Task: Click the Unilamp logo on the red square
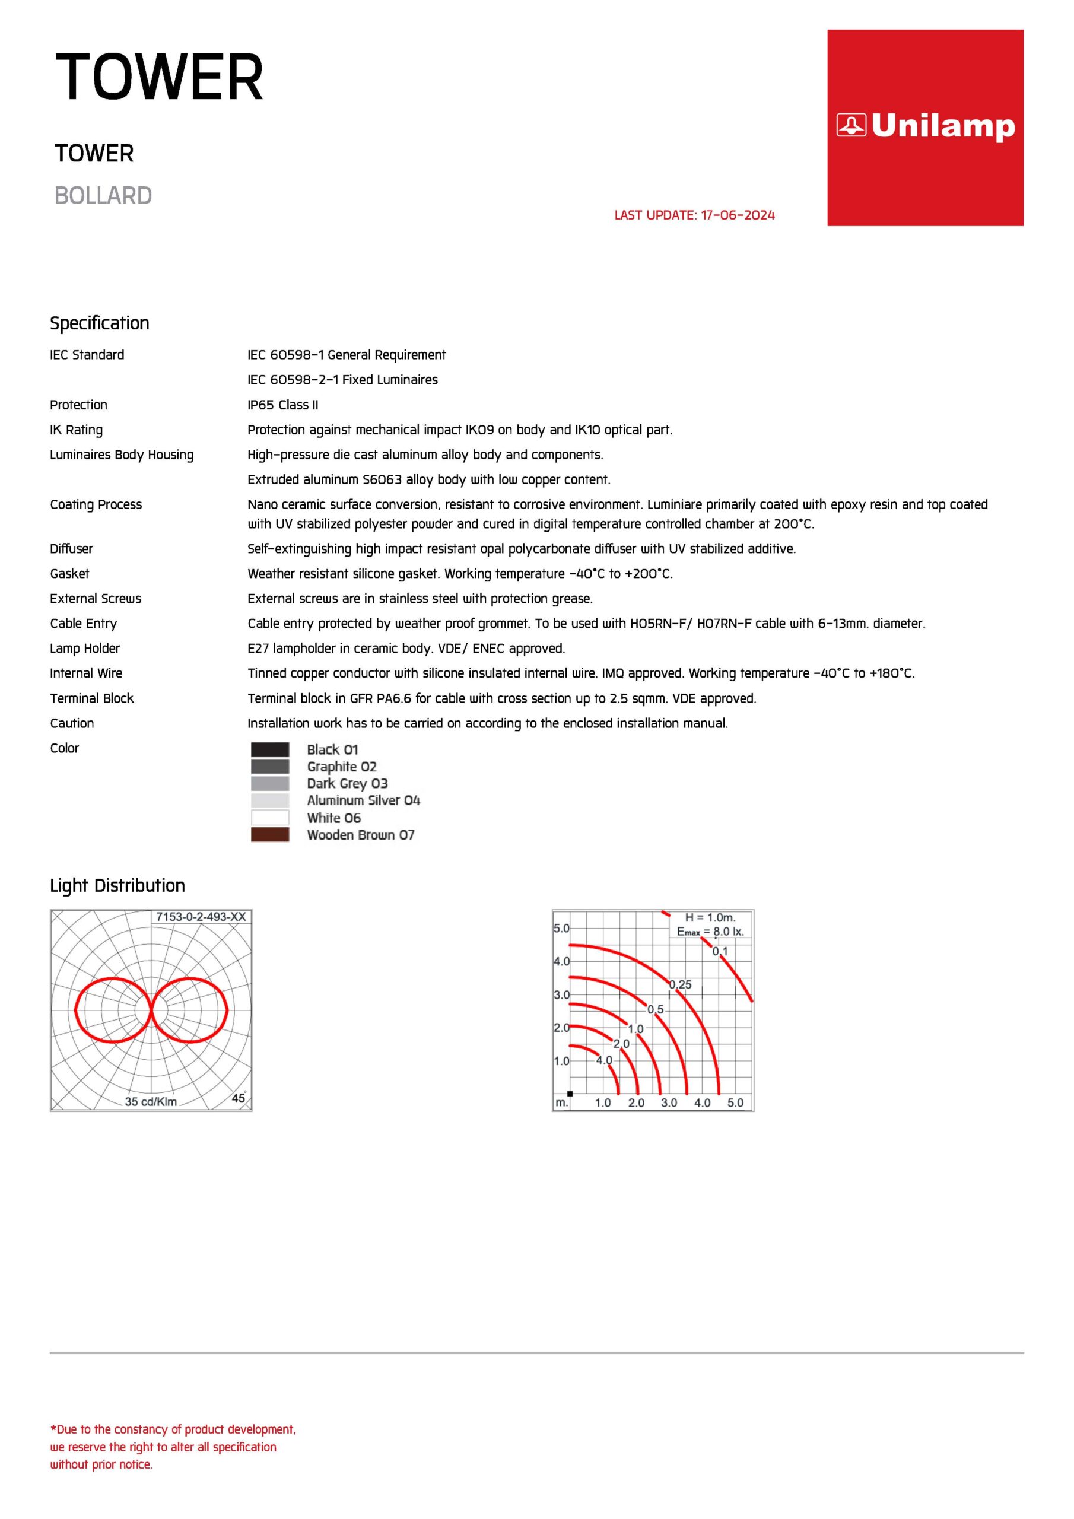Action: (925, 126)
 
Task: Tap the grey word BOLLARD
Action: (103, 196)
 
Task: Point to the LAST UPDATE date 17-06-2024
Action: (737, 215)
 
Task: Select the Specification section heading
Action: (99, 323)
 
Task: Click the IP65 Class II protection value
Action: (282, 405)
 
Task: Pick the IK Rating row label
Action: (76, 430)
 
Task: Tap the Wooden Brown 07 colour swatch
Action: (270, 835)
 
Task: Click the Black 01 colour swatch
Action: (270, 749)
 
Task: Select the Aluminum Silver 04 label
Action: (363, 800)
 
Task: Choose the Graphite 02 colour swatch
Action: (270, 767)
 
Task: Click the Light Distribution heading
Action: (117, 885)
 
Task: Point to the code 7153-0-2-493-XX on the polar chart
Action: (201, 917)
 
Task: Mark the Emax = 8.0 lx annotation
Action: (710, 932)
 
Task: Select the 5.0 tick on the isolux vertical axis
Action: (561, 928)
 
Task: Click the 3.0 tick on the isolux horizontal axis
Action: (669, 1103)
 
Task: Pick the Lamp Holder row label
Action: (85, 649)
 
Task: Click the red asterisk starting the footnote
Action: (53, 1429)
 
